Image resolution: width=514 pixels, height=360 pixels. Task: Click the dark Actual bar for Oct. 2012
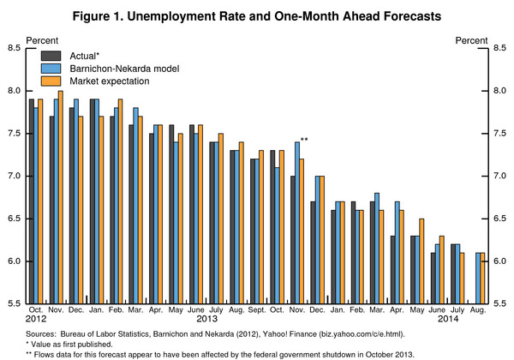31,201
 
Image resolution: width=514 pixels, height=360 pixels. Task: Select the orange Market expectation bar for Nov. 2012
60,197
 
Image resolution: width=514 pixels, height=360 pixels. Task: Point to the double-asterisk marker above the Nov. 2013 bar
305,140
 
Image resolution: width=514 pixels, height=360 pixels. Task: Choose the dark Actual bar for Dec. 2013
313,253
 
